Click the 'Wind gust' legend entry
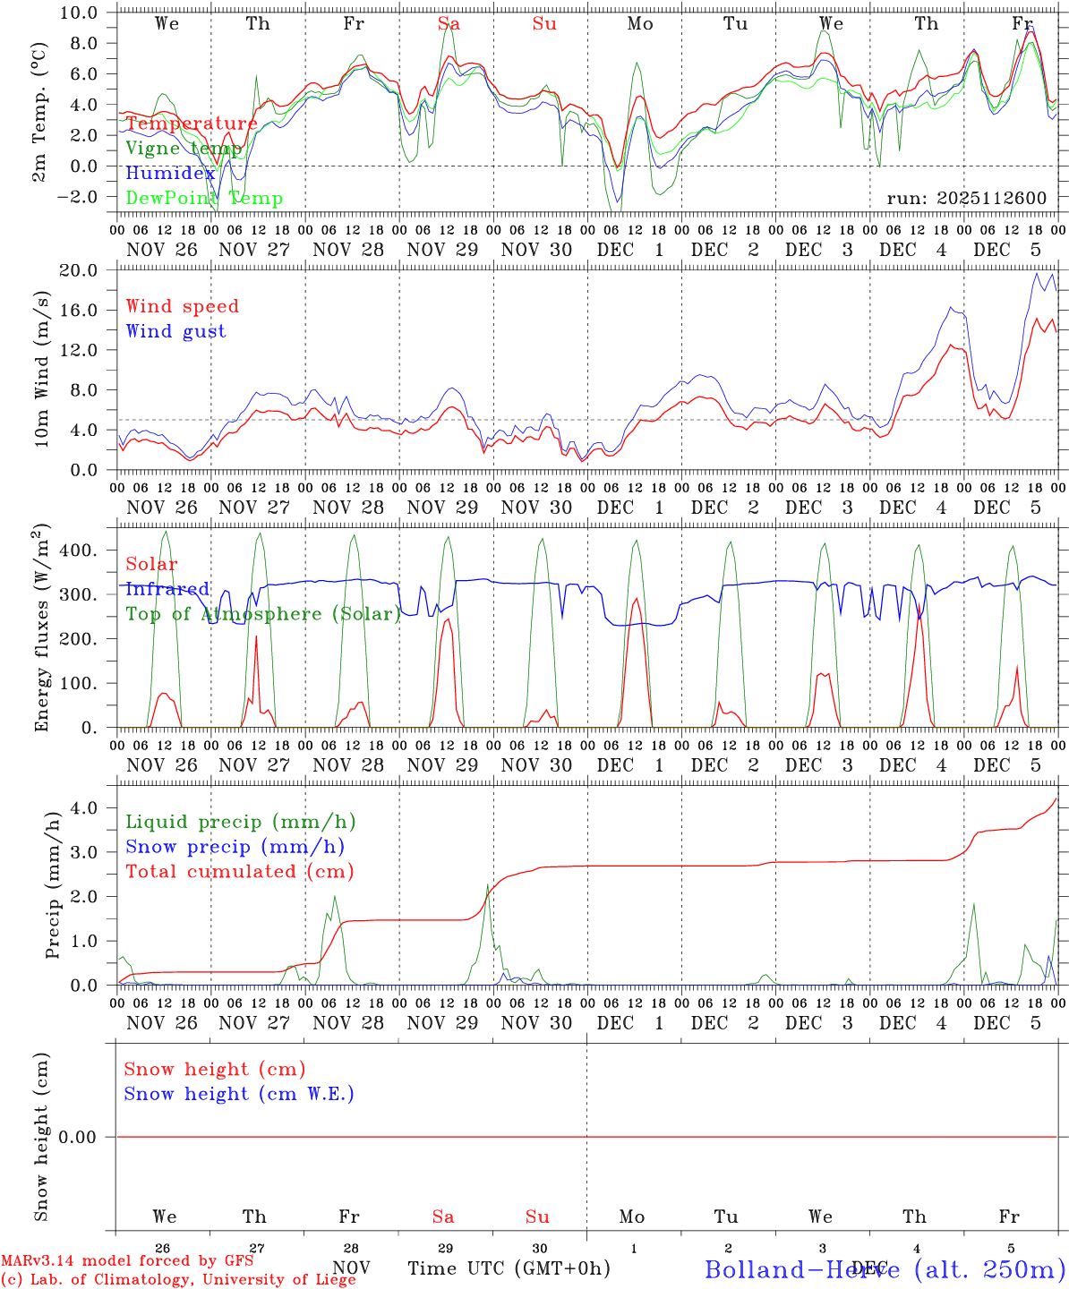[175, 331]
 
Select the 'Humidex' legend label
[170, 174]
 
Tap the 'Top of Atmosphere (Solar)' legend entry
[263, 614]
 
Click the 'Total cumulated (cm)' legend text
[239, 871]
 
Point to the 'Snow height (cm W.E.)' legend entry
[239, 1094]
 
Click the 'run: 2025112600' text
[966, 199]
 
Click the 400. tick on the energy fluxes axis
[79, 551]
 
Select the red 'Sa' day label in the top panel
[449, 24]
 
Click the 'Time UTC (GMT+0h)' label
[509, 1268]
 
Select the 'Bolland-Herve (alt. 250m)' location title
[885, 1269]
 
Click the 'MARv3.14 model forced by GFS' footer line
[127, 1260]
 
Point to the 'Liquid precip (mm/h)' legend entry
[241, 822]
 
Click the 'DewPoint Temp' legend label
[204, 199]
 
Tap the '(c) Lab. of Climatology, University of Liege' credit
[178, 1279]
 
